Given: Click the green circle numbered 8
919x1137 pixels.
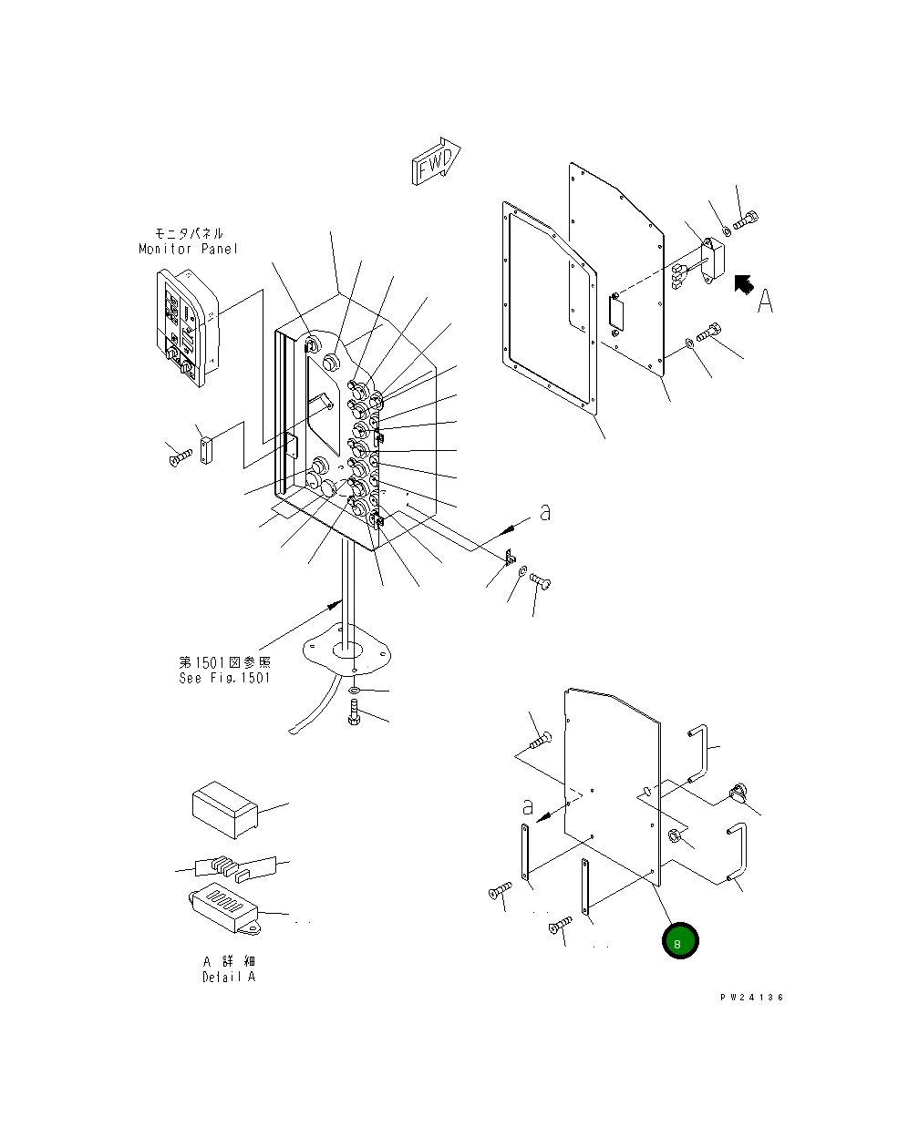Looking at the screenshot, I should [x=680, y=942].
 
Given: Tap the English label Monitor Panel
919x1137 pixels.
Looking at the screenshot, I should [x=188, y=249].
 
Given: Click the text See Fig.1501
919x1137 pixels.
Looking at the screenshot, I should [x=224, y=678].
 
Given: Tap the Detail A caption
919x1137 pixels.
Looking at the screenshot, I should [x=229, y=977].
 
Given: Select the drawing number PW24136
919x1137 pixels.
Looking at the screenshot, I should [x=750, y=998].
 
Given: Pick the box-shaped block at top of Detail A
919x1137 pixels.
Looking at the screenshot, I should [x=225, y=808].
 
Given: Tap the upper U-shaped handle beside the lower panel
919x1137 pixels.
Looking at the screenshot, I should [x=699, y=753].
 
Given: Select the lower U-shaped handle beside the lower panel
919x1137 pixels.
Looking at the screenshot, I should [x=737, y=853].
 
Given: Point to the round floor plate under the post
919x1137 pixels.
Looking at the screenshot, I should [x=351, y=648].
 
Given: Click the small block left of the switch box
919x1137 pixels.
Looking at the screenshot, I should [x=205, y=450].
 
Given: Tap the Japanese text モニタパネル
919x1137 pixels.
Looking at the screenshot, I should [x=188, y=234].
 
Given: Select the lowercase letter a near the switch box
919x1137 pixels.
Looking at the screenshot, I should [x=545, y=513].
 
